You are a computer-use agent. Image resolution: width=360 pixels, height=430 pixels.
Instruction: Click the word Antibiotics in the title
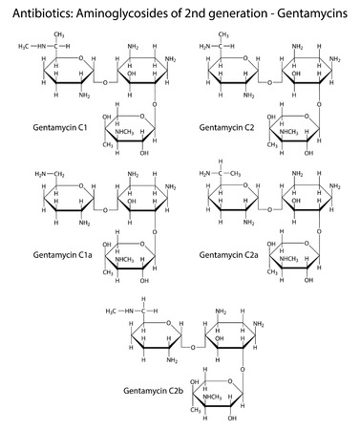[x=36, y=11]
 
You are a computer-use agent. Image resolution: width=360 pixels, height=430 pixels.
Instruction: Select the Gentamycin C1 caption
[x=39, y=127]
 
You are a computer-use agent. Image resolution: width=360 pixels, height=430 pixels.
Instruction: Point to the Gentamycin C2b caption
[x=151, y=391]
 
